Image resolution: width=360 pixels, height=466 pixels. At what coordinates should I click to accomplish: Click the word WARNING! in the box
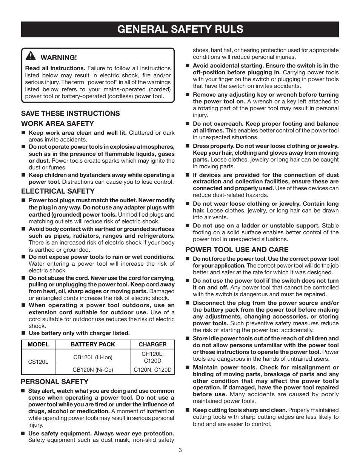pyautogui.click(x=58, y=58)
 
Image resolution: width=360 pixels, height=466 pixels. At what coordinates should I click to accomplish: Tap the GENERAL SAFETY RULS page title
pyautogui.click(x=180, y=29)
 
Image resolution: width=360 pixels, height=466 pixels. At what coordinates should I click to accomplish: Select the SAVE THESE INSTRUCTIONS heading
pyautogui.click(x=70, y=114)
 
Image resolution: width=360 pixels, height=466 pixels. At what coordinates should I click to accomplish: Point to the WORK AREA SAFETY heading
pyautogui.click(x=57, y=124)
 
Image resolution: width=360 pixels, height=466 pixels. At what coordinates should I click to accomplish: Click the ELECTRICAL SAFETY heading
pyautogui.click(x=58, y=191)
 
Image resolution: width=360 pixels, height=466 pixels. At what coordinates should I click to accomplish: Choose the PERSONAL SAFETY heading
pyautogui.click(x=54, y=382)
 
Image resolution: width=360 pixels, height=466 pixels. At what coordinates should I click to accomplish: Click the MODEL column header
pyautogui.click(x=38, y=345)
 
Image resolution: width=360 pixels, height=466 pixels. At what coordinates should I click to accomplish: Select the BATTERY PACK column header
pyautogui.click(x=93, y=345)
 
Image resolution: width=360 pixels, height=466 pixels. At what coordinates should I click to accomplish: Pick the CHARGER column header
pyautogui.click(x=152, y=345)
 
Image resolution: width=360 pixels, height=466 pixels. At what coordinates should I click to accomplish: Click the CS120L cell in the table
pyautogui.click(x=38, y=361)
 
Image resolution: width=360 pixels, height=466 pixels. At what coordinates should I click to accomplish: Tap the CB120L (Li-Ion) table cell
pyautogui.click(x=93, y=357)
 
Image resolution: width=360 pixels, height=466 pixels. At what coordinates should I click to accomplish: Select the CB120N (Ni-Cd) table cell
pyautogui.click(x=93, y=370)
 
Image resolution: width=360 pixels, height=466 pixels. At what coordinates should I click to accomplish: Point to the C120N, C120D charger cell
pyautogui.click(x=152, y=370)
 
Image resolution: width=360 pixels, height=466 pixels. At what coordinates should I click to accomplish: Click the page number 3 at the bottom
pyautogui.click(x=180, y=450)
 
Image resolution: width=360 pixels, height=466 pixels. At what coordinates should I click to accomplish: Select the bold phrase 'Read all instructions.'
pyautogui.click(x=55, y=68)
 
